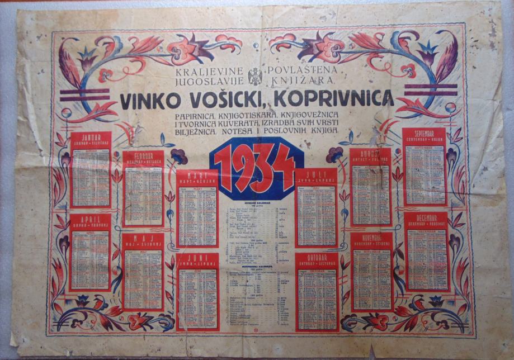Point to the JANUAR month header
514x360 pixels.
point(91,138)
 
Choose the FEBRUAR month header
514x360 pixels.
point(143,157)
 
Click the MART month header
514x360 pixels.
point(197,175)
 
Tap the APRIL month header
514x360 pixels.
point(90,219)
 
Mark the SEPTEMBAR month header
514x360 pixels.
point(426,136)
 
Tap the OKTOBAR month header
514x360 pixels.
point(316,259)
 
